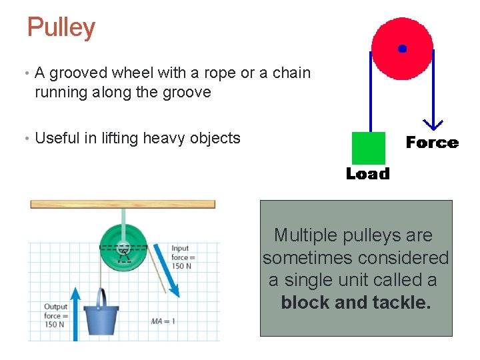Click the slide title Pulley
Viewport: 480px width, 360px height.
pos(61,28)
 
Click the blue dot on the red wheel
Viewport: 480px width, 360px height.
pos(402,49)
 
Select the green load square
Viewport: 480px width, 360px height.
pos(368,147)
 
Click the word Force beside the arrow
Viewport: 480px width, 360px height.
pos(432,143)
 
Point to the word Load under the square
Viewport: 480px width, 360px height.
pos(367,174)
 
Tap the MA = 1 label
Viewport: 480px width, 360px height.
pos(163,321)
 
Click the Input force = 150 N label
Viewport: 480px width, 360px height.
pos(183,257)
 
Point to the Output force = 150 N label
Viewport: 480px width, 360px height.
pos(56,315)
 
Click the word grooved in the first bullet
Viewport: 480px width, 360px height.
pos(79,73)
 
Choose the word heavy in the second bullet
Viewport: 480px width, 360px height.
pos(166,138)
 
